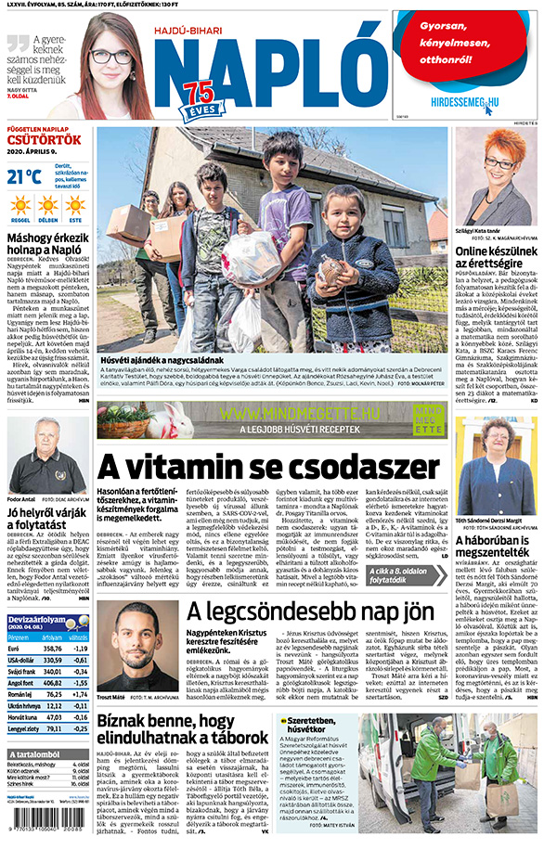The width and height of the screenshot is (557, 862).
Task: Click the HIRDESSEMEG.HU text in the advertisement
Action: pos(465,102)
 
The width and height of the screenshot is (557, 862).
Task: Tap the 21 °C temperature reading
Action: pos(24,176)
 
